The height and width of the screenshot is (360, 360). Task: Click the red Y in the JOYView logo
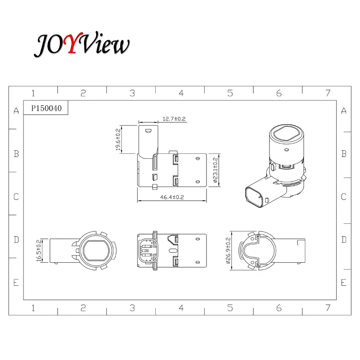[73, 43]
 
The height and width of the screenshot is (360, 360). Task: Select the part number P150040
[46, 108]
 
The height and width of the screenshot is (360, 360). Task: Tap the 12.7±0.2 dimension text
[174, 119]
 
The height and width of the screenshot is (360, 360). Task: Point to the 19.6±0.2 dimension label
[118, 139]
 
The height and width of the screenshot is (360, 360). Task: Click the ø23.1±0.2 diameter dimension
[215, 170]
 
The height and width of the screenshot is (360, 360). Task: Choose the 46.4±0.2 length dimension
[172, 197]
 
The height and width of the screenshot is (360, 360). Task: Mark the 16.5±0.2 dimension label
[39, 251]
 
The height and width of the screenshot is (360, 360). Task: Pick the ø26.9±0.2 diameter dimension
[228, 251]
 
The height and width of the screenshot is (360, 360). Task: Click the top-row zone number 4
[181, 93]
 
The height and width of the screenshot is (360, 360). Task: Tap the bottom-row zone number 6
[279, 308]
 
